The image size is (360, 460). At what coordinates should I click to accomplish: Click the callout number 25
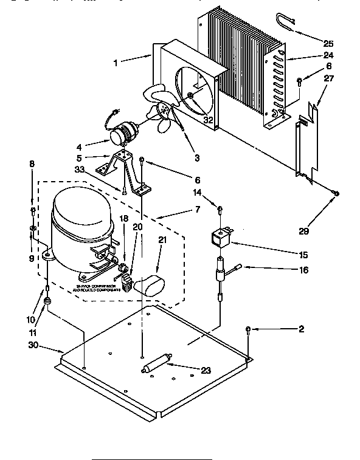328,43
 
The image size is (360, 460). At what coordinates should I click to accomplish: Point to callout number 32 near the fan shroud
208,120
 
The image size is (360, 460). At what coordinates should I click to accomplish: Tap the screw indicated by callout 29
336,194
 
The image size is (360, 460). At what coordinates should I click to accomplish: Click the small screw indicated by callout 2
248,330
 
